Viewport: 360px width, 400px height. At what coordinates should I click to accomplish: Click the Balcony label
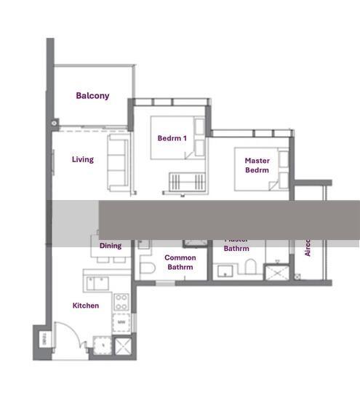92,95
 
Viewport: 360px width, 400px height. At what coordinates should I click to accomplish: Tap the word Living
83,159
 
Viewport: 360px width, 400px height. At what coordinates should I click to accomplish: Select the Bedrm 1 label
172,138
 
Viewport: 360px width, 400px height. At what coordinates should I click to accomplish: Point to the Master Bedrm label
257,165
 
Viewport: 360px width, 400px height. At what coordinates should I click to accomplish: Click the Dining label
111,246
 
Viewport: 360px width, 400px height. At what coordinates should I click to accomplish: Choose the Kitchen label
86,305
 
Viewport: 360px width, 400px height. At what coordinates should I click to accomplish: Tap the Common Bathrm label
180,262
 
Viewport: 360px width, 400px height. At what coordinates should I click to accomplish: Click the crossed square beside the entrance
122,345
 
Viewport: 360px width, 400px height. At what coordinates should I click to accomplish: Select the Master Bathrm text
236,248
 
